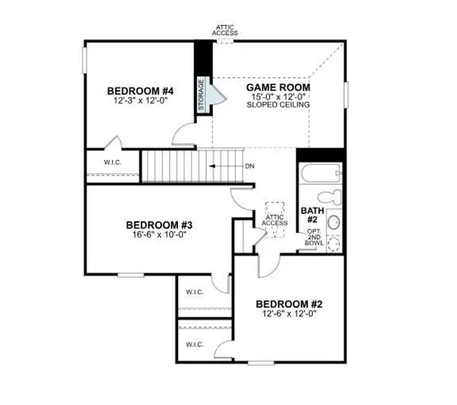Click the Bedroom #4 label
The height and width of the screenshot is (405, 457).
pyautogui.click(x=140, y=90)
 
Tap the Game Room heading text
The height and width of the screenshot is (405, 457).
pyautogui.click(x=278, y=87)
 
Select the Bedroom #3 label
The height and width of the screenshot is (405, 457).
pyautogui.click(x=160, y=225)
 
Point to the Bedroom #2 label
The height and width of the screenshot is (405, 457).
pyautogui.click(x=292, y=304)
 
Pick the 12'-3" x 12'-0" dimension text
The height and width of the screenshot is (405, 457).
pyautogui.click(x=140, y=100)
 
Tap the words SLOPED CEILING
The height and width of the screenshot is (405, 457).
pyautogui.click(x=278, y=105)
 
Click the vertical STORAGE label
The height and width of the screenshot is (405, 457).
pyautogui.click(x=201, y=94)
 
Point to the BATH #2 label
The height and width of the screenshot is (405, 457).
pyautogui.click(x=313, y=215)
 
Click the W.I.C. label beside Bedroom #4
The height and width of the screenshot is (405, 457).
pyautogui.click(x=112, y=163)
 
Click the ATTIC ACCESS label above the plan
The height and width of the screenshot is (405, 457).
pyautogui.click(x=224, y=30)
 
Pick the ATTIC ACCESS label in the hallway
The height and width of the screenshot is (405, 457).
pyautogui.click(x=274, y=219)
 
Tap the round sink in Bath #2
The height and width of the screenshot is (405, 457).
pyautogui.click(x=334, y=222)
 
